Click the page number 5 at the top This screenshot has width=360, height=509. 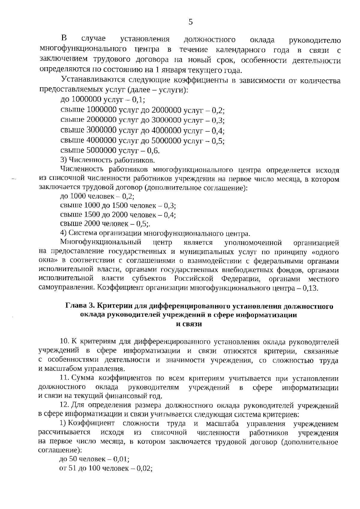(x=190, y=22)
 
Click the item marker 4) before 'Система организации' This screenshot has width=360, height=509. (x=63, y=233)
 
